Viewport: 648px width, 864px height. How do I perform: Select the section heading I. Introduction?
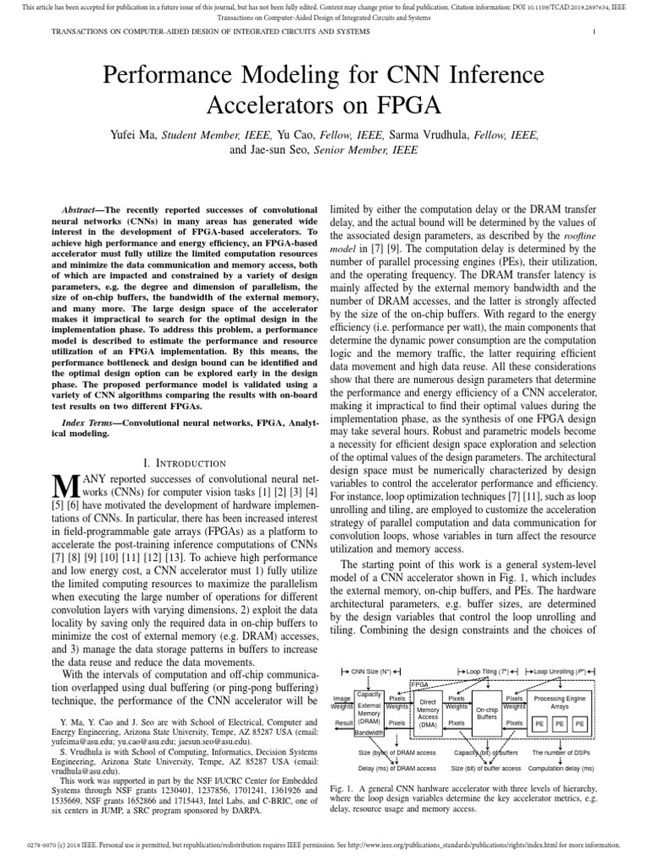[x=184, y=463]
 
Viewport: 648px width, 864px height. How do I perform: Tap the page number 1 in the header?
[x=595, y=32]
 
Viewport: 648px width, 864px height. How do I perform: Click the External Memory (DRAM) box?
[x=370, y=712]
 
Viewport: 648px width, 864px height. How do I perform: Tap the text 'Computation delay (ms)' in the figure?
[x=561, y=768]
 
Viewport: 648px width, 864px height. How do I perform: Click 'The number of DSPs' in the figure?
[x=561, y=752]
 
